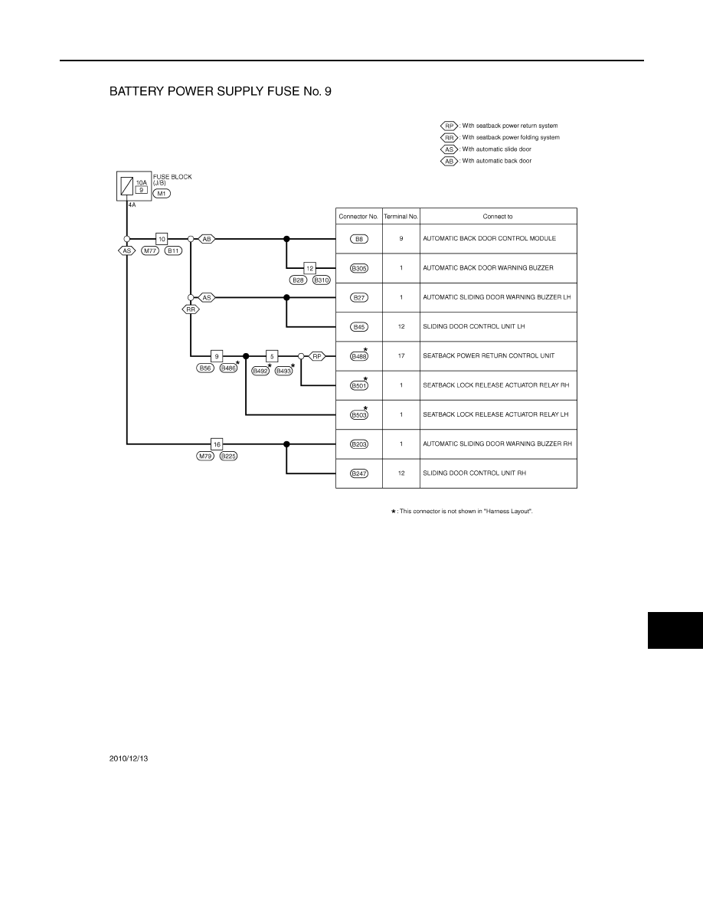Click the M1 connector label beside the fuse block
pyautogui.click(x=162, y=193)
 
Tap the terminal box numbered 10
pyautogui.click(x=162, y=238)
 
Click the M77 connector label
pyautogui.click(x=150, y=250)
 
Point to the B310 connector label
pyautogui.click(x=322, y=280)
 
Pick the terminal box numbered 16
pyautogui.click(x=217, y=444)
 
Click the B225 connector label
pyautogui.click(x=228, y=457)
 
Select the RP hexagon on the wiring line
pyautogui.click(x=317, y=355)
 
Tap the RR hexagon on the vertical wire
pyautogui.click(x=191, y=309)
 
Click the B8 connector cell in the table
pyautogui.click(x=359, y=238)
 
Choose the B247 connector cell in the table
pyautogui.click(x=359, y=473)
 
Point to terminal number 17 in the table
pyautogui.click(x=401, y=355)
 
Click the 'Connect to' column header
pyautogui.click(x=498, y=217)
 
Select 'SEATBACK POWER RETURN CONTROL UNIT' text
pyautogui.click(x=489, y=355)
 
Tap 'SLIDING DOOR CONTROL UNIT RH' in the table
pyautogui.click(x=475, y=473)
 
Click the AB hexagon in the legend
pyautogui.click(x=449, y=162)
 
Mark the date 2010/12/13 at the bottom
pyautogui.click(x=129, y=758)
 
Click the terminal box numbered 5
pyautogui.click(x=272, y=355)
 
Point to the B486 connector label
pyautogui.click(x=228, y=368)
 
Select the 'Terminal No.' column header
pyautogui.click(x=401, y=217)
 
